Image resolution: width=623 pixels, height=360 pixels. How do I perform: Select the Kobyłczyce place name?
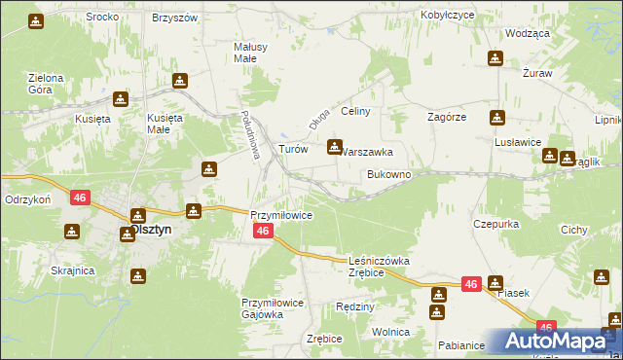pyautogui.click(x=447, y=16)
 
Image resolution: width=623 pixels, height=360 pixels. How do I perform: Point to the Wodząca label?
pyautogui.click(x=528, y=33)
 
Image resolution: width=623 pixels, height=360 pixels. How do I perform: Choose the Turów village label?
pyautogui.click(x=293, y=150)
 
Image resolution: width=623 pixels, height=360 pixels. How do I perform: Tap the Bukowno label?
pyautogui.click(x=388, y=174)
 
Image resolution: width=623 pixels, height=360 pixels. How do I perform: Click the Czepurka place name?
pyautogui.click(x=495, y=223)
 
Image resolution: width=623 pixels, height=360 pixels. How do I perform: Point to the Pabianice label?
pyautogui.click(x=461, y=345)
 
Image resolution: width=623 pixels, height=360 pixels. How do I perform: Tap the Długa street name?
pyautogui.click(x=315, y=120)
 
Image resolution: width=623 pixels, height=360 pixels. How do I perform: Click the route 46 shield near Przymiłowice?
pyautogui.click(x=262, y=231)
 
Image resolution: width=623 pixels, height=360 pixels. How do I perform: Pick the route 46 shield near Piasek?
pyautogui.click(x=471, y=284)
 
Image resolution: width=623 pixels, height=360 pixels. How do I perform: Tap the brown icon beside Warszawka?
pyautogui.click(x=335, y=148)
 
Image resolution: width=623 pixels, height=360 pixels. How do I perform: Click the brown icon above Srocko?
pyautogui.click(x=35, y=20)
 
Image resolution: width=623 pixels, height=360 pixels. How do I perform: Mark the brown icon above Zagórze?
pyautogui.click(x=497, y=118)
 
